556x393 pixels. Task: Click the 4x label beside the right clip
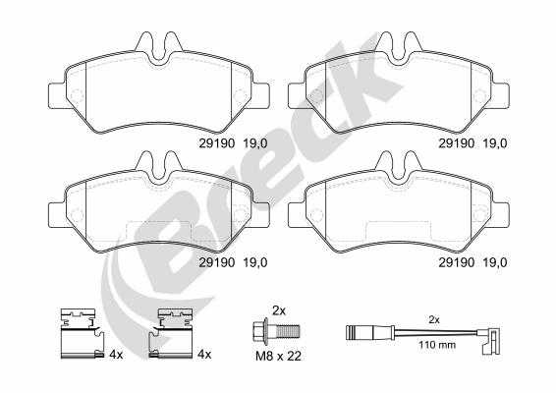(x=204, y=354)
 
